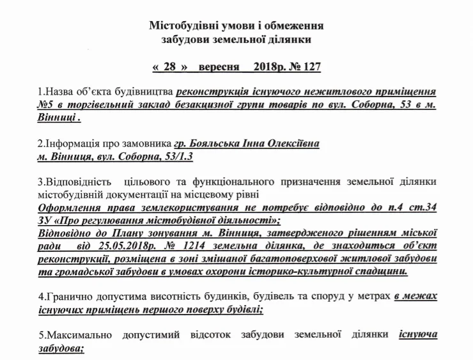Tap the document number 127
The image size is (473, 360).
click(310, 67)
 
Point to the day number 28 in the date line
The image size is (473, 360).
click(170, 67)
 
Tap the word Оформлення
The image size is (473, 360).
click(70, 208)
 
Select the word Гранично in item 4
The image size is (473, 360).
click(67, 296)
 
